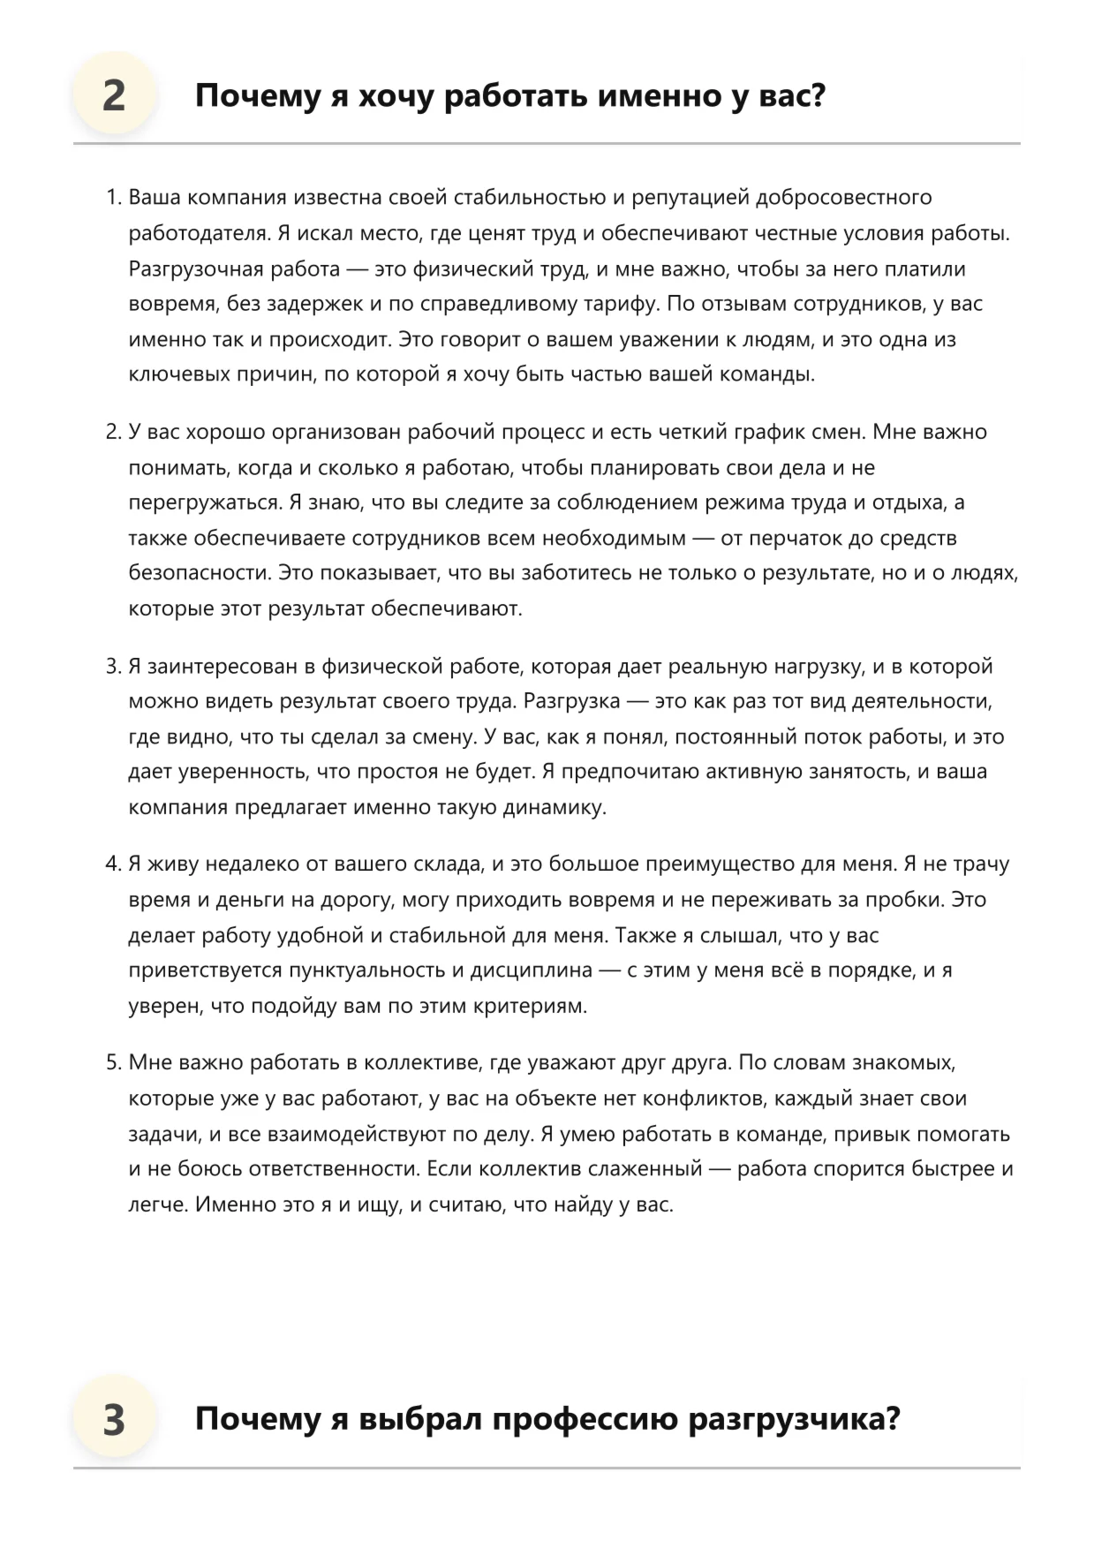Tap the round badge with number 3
[114, 1420]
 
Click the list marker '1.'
[113, 198]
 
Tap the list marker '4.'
[113, 865]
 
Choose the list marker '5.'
[113, 1063]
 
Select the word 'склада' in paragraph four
[449, 865]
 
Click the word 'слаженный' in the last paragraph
[651, 1169]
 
